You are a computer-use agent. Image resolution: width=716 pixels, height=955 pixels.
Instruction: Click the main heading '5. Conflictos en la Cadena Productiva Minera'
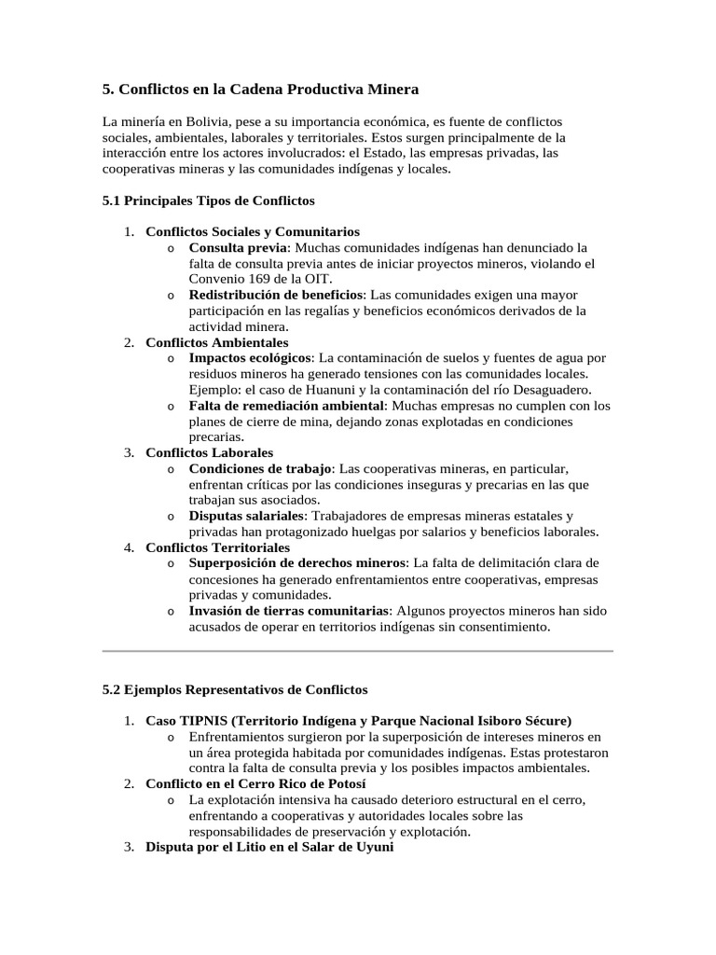point(260,90)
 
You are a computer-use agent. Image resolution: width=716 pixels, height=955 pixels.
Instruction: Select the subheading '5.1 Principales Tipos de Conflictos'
point(208,201)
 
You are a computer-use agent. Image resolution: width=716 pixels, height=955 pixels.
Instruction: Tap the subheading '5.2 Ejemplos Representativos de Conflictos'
point(234,690)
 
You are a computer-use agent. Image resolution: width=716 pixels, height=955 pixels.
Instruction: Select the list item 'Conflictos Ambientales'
point(217,343)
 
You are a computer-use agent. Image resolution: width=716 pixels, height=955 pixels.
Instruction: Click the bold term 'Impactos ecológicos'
point(250,358)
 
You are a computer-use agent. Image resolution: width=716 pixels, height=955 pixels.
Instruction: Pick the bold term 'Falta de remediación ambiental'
point(286,406)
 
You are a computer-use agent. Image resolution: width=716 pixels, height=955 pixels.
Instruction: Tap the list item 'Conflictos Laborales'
point(209,453)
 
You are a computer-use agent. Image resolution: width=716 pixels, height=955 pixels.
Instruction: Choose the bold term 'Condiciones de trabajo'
point(261,469)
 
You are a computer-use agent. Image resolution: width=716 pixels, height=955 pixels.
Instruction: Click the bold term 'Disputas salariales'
point(246,516)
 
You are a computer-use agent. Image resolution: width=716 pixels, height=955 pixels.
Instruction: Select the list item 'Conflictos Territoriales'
point(217,547)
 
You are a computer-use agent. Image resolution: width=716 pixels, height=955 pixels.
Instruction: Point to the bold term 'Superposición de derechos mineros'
point(297,563)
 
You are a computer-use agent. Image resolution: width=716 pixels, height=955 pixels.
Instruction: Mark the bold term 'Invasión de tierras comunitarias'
point(288,611)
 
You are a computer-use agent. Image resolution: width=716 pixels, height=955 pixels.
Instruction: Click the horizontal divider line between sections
point(357,650)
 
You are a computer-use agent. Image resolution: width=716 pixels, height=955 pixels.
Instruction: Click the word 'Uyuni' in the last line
point(376,848)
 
